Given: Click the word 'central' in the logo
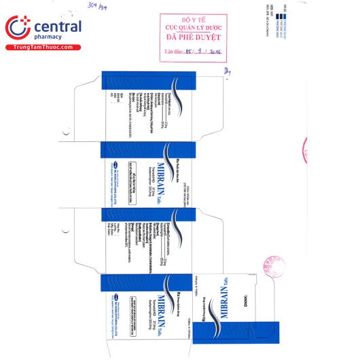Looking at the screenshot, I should [x=54, y=26].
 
